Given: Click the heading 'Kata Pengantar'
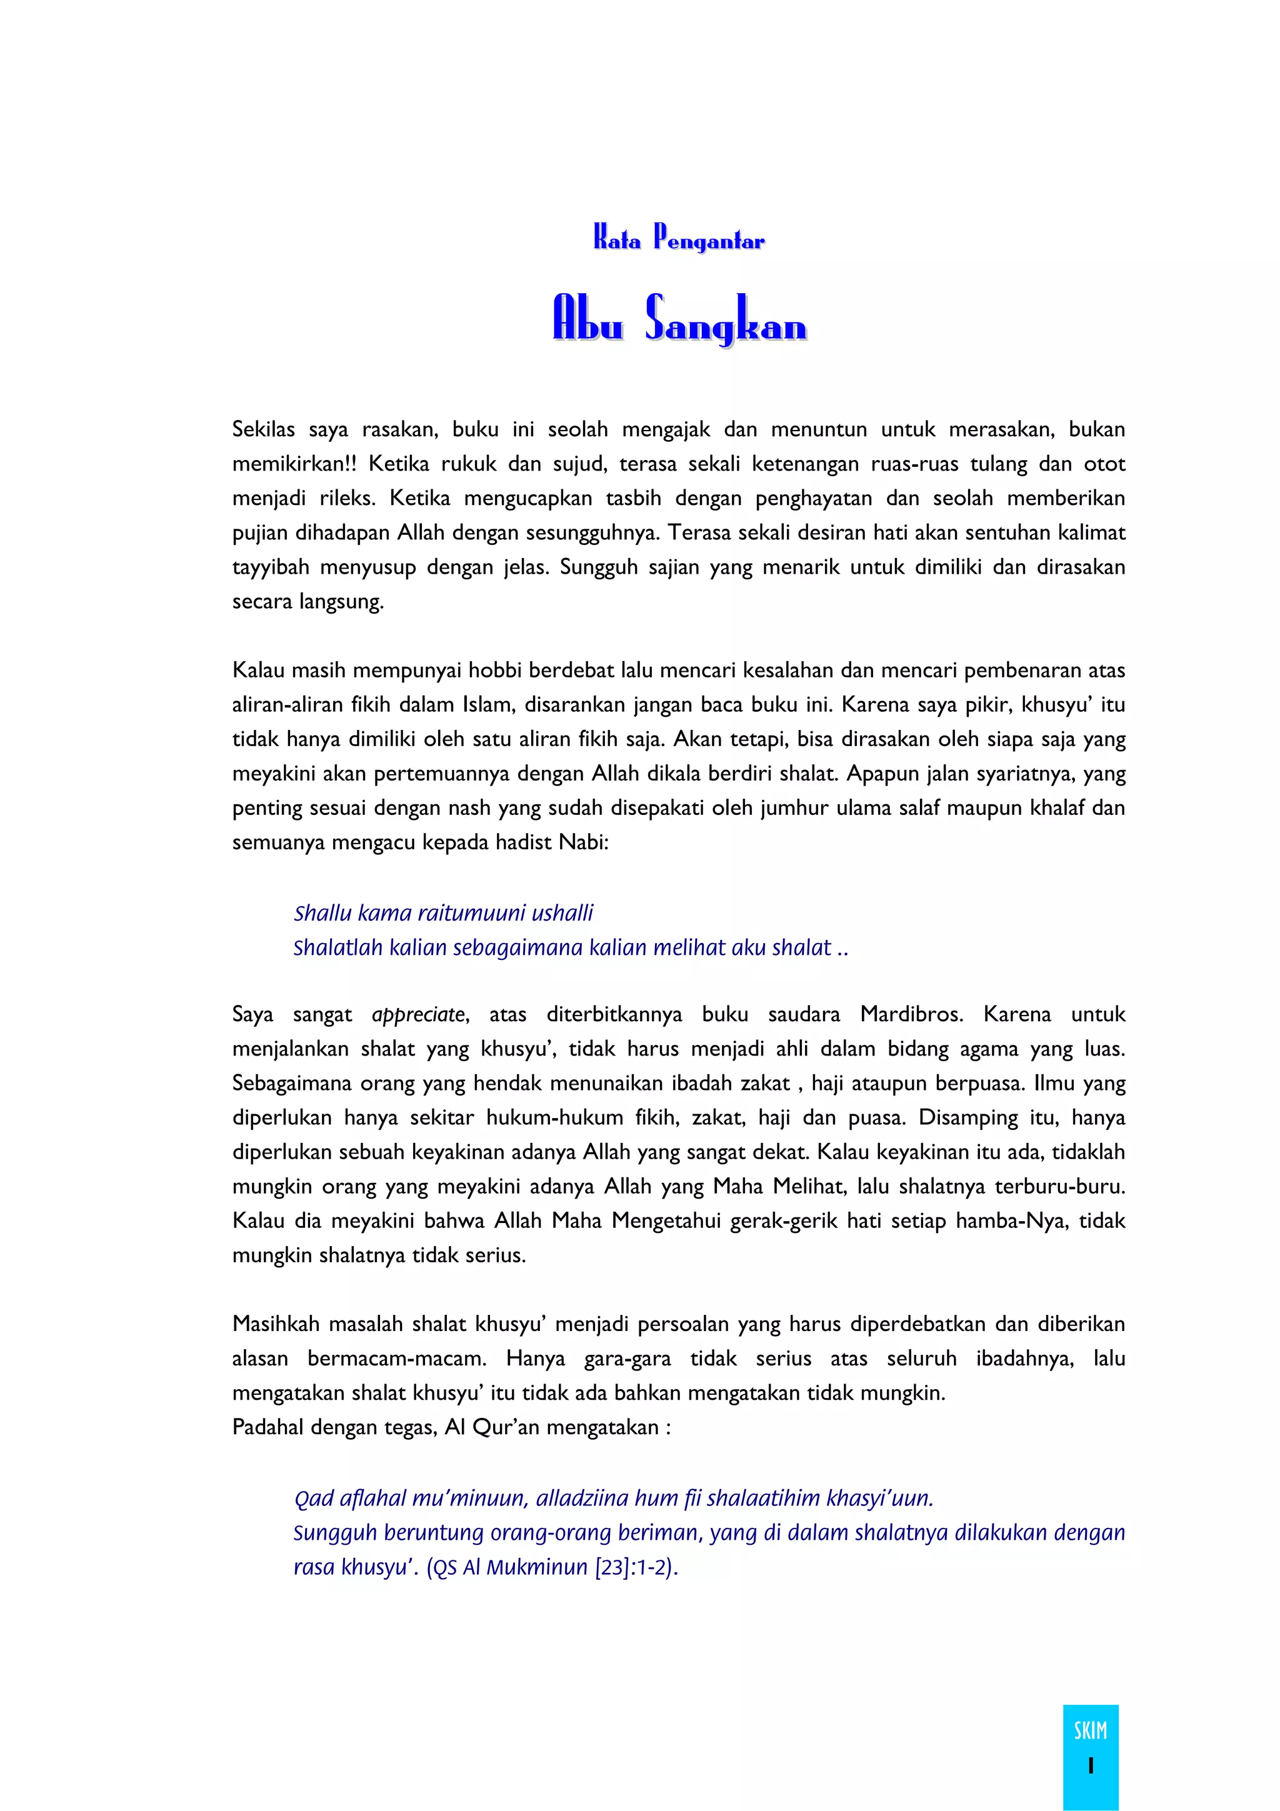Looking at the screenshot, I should [678, 238].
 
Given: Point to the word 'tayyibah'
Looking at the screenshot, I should [271, 567].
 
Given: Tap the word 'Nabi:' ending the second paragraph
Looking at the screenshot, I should [584, 842].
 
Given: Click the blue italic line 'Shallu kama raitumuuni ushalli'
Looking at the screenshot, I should [443, 914].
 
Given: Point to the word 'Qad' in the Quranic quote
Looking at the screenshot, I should [311, 1499].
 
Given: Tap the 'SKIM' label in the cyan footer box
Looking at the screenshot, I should [1090, 1730].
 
